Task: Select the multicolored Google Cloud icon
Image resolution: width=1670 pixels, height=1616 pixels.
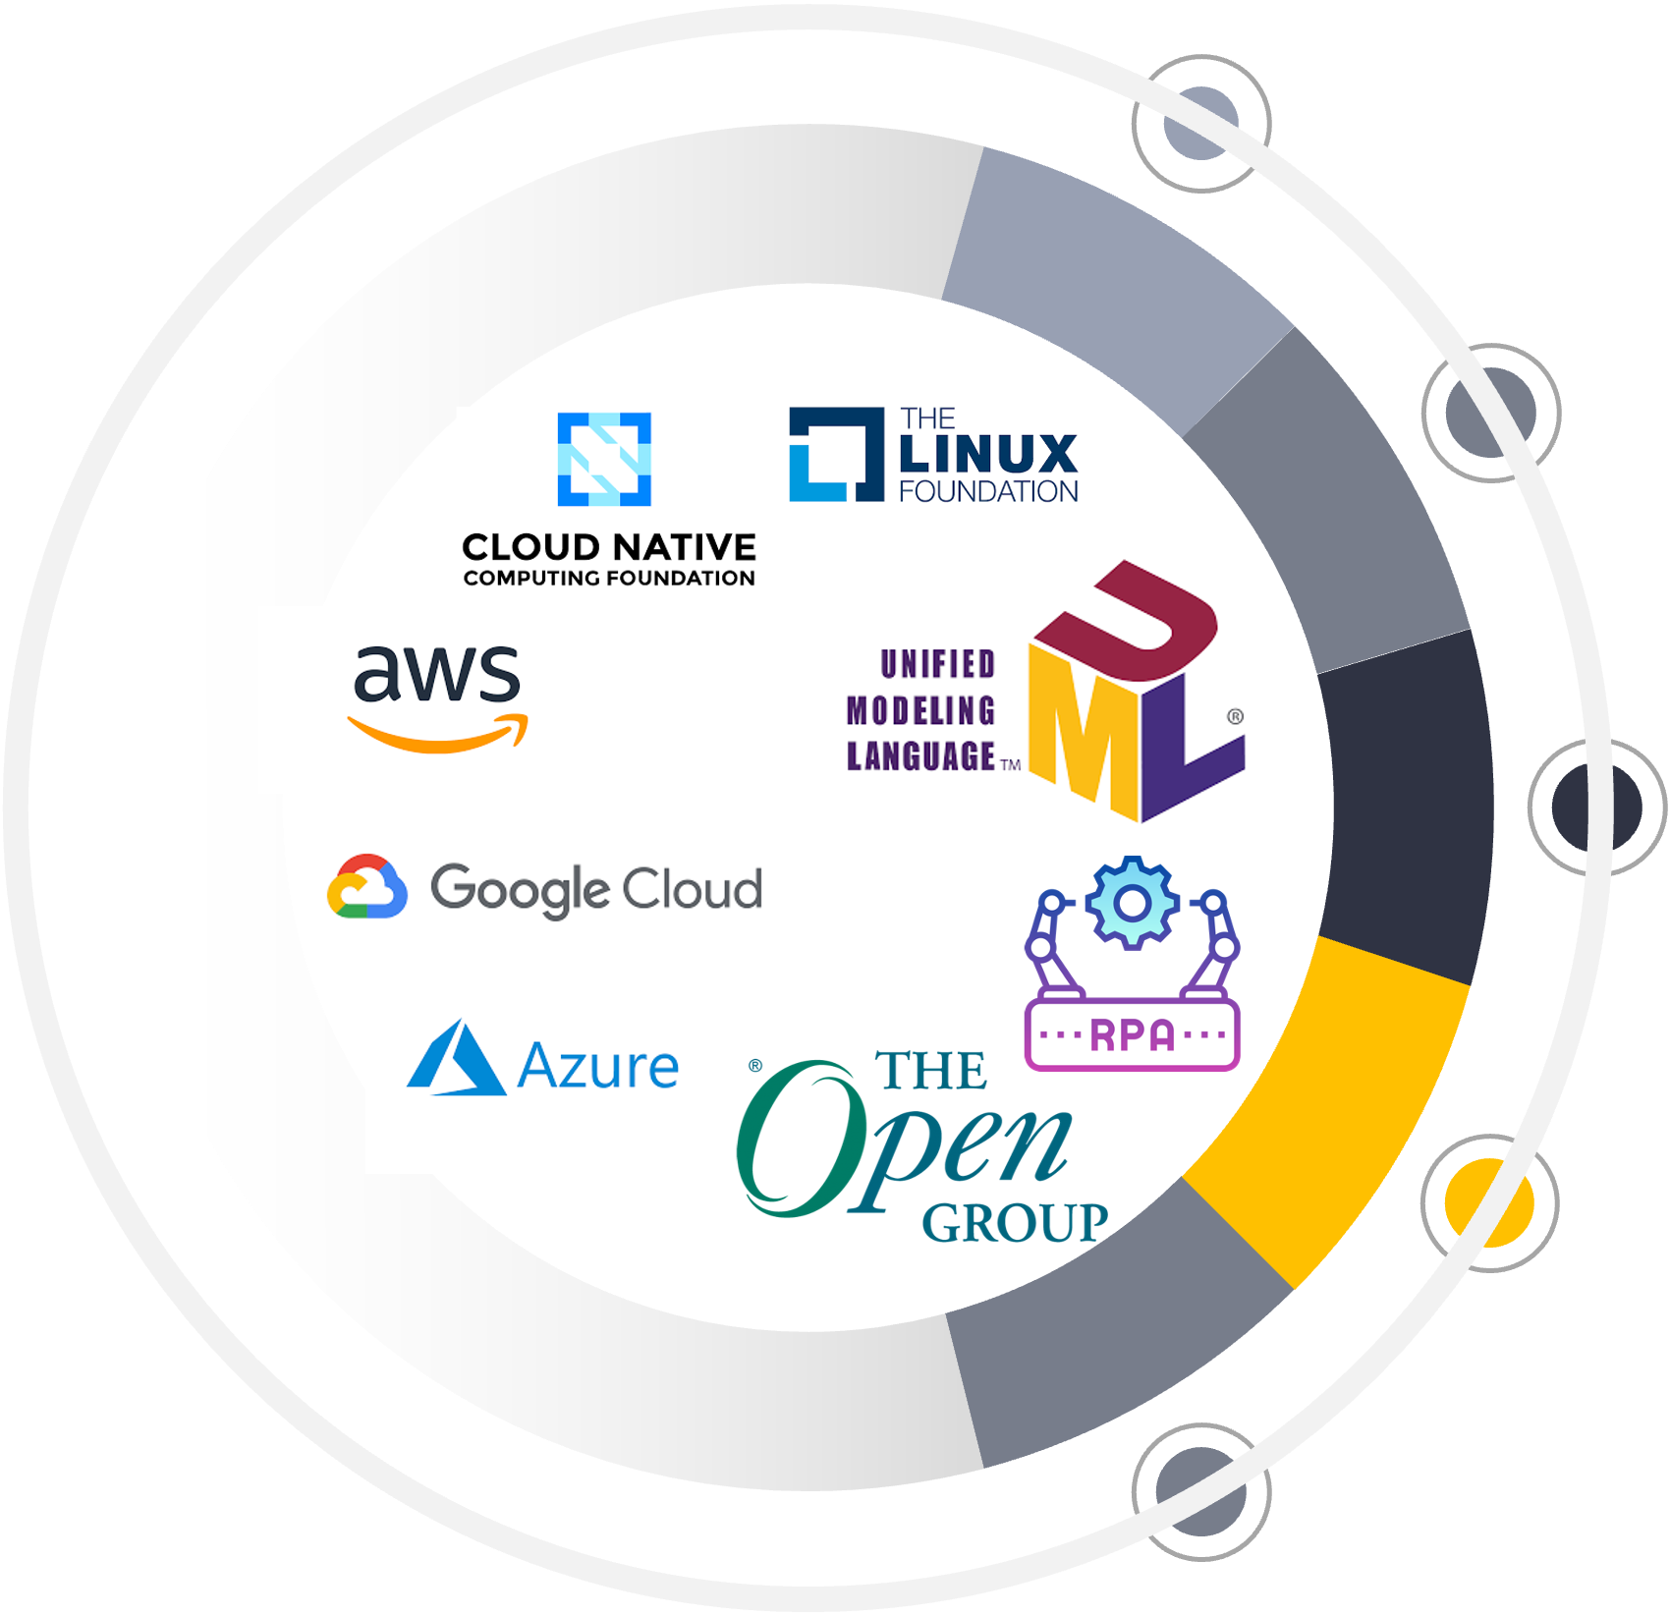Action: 366,887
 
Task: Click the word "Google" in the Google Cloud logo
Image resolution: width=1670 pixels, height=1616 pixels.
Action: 521,890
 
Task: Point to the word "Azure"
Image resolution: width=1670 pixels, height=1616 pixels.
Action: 598,1067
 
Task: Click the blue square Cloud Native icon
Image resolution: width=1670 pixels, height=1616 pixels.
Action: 604,459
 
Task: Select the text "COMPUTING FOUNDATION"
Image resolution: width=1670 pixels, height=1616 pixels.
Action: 609,578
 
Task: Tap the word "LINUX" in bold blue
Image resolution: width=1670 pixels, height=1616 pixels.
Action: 988,454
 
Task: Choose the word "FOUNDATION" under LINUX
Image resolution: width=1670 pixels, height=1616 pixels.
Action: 988,491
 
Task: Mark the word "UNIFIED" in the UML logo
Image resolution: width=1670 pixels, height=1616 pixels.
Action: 938,665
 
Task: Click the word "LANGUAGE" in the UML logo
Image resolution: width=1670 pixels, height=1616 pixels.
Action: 921,756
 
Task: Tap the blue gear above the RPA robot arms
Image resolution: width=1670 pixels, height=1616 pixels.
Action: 1132,903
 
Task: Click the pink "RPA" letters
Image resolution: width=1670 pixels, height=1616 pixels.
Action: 1132,1034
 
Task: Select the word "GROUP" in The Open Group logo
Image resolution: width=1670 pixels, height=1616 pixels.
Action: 1014,1223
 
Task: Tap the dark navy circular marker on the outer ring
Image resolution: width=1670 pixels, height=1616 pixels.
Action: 1597,808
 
